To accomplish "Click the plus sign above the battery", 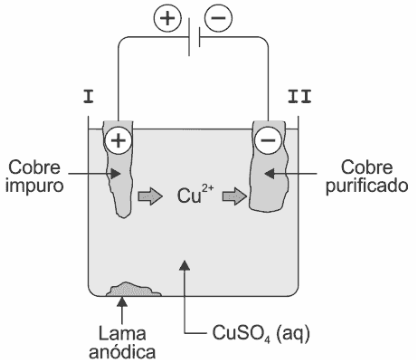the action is [168, 17].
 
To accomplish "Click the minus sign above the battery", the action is [219, 17].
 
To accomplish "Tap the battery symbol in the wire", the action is [194, 37].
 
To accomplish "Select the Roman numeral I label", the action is [88, 96].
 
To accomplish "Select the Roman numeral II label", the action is [299, 96].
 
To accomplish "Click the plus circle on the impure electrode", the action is [118, 140].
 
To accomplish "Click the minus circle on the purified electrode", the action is [268, 140].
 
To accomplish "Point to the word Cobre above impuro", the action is [34, 167].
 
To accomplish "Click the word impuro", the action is [34, 185].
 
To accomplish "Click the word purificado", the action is [367, 185].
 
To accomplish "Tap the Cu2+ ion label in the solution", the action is [195, 194].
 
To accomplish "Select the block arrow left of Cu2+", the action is [150, 196].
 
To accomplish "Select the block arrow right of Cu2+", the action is [235, 196].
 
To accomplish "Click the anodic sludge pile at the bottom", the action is [133, 289].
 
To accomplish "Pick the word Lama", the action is [122, 333].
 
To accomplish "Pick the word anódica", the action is [122, 351].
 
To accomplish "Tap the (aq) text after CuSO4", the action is [293, 334].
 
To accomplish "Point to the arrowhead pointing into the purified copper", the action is [269, 173].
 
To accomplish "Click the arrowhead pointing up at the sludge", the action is [123, 302].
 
